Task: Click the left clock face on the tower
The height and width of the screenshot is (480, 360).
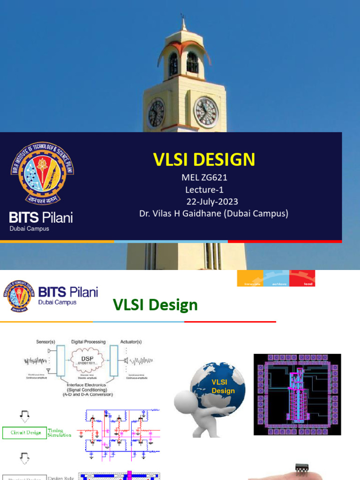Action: point(156,113)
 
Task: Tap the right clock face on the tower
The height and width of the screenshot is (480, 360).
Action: point(206,112)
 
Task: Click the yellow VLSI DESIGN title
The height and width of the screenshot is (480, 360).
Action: point(204,160)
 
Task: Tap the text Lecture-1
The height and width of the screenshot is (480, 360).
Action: point(204,190)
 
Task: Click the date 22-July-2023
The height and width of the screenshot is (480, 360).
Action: point(212,202)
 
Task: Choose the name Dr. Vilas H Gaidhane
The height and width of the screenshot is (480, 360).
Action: point(213,214)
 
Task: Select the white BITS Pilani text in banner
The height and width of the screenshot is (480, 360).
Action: point(41,217)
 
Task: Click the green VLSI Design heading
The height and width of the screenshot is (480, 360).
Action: point(155,305)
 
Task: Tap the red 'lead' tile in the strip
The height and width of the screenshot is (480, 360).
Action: point(302,278)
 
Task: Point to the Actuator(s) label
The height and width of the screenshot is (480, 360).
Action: point(131,342)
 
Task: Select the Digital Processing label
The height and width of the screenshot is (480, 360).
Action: point(89,342)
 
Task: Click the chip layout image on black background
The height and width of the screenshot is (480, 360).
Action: point(297,394)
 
